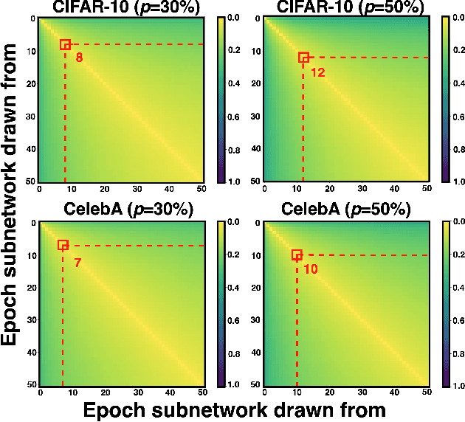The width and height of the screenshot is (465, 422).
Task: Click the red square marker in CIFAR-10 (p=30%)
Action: tap(65, 44)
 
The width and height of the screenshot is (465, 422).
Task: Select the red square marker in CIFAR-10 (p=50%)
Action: tap(303, 57)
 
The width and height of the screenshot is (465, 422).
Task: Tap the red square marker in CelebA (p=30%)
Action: tap(63, 245)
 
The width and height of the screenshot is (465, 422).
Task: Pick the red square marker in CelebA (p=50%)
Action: tap(297, 255)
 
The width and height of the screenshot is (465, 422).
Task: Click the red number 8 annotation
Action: tap(79, 57)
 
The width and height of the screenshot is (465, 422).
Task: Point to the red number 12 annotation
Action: tap(317, 72)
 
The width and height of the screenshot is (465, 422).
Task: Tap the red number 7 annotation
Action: tap(77, 262)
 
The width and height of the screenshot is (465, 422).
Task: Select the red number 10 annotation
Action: tap(310, 269)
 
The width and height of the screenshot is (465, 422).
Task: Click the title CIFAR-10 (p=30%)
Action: tap(122, 8)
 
